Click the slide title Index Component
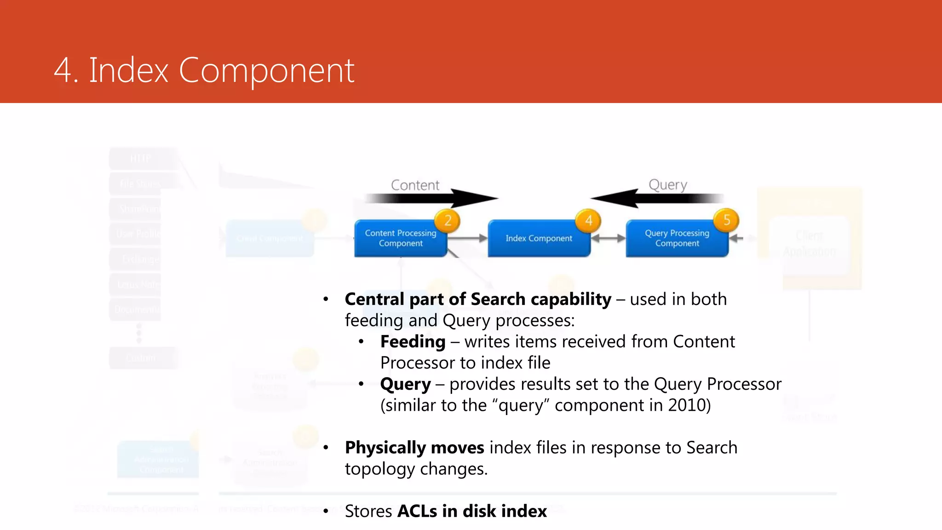(x=204, y=70)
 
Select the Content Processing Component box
(x=400, y=238)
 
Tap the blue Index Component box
(x=539, y=238)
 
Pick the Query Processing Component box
(x=677, y=238)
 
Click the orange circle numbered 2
(x=448, y=220)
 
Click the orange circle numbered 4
(x=588, y=220)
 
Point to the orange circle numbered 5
(x=726, y=220)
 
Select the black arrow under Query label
(x=658, y=198)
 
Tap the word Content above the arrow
(x=415, y=185)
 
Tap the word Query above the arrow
(x=667, y=185)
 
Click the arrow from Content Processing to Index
(x=467, y=238)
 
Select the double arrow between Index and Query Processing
(x=608, y=238)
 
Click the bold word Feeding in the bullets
(x=413, y=342)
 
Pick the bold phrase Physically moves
(x=414, y=448)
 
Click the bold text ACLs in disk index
(x=472, y=511)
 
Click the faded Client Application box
(x=810, y=244)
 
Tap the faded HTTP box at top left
(x=140, y=159)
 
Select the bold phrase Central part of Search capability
(x=478, y=300)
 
